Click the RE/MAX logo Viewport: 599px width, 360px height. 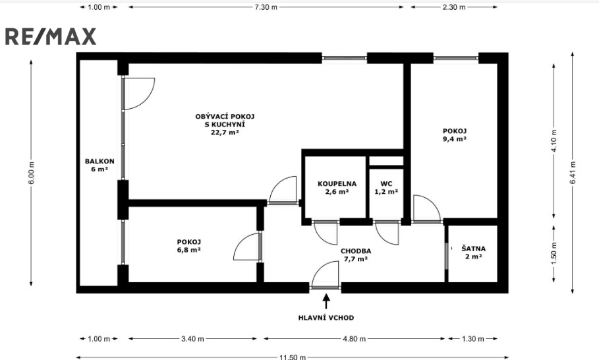coord(51,37)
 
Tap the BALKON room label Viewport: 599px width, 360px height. coord(100,162)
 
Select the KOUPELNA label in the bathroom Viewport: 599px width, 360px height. coord(337,184)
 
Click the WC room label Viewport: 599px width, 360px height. coord(386,184)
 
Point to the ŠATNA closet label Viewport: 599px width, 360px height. coord(473,249)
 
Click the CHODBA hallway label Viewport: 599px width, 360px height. coord(356,251)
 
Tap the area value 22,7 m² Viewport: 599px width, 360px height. coord(225,133)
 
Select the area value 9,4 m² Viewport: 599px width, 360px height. coord(455,139)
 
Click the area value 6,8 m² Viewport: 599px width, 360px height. coord(188,250)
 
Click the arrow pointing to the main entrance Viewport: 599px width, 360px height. coord(326,301)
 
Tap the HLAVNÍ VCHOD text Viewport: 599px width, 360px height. coord(326,318)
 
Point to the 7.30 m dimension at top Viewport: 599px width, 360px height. coord(266,7)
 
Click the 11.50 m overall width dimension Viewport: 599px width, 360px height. coord(292,357)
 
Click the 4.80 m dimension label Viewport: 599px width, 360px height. coord(354,339)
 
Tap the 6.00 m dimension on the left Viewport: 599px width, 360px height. coord(32,173)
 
